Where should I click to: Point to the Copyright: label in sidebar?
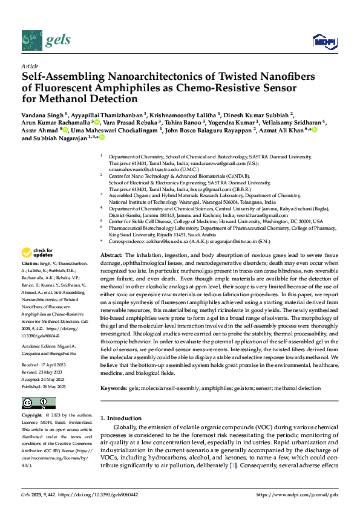(32, 417)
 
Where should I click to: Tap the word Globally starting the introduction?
(126, 427)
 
